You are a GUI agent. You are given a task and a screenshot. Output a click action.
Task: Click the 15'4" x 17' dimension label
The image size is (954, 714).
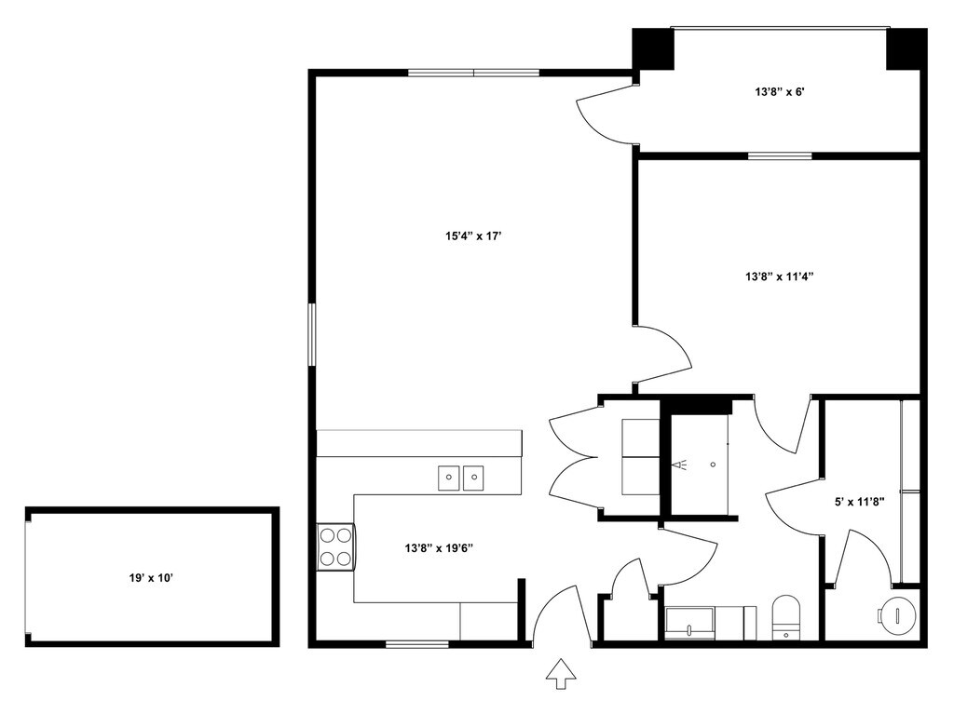coord(473,236)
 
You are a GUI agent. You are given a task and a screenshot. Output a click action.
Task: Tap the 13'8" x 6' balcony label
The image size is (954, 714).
coord(779,92)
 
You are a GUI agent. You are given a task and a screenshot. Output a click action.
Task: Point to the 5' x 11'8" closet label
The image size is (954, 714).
coord(859,502)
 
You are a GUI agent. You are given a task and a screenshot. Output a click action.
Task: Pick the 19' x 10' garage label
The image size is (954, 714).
coord(151,578)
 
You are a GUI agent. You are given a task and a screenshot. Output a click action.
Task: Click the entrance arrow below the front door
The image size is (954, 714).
coord(560,673)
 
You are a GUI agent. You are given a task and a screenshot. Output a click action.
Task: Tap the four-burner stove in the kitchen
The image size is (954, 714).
coord(335,546)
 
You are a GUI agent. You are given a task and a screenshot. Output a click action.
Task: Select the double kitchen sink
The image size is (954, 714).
coord(461,478)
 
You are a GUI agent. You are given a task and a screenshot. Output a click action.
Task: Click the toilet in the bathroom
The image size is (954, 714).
coord(787,617)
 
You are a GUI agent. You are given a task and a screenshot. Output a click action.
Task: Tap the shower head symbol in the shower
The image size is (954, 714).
coord(683,464)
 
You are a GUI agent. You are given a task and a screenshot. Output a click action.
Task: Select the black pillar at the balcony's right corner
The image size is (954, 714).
coord(906,48)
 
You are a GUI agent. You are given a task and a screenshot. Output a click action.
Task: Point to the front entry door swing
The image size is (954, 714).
coord(559,613)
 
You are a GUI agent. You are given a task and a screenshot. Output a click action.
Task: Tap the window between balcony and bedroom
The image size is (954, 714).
coord(780,155)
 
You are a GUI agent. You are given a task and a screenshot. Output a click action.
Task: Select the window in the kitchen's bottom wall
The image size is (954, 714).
coord(411,643)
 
